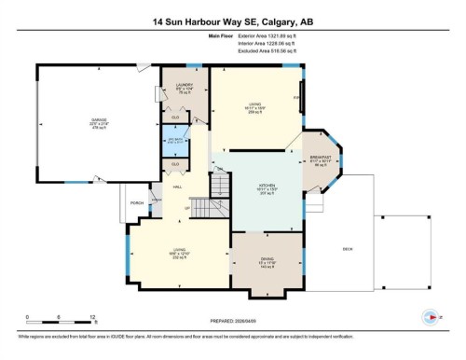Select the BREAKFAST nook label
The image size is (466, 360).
click(x=321, y=159)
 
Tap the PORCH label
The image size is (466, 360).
click(x=137, y=202)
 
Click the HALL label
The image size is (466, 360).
click(x=177, y=187)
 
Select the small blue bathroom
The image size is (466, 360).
click(x=174, y=143)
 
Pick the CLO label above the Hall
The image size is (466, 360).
click(x=175, y=165)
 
